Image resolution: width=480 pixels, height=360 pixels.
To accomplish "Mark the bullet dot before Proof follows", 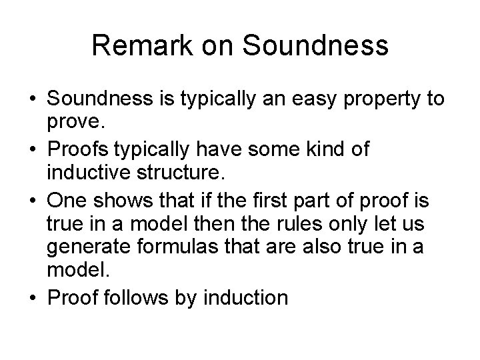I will pos(33,298).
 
